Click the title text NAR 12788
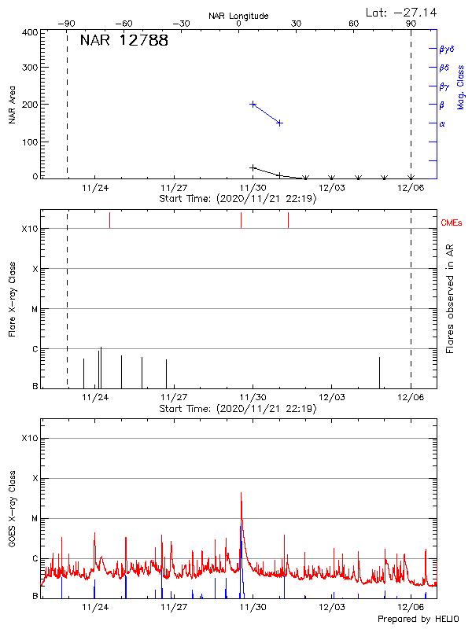point(124,41)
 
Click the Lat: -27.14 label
point(402,12)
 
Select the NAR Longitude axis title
point(238,16)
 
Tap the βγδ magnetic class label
point(447,49)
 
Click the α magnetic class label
point(442,123)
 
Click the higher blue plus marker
point(253,104)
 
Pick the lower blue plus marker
point(279,123)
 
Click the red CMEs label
point(452,223)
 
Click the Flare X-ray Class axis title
point(12,298)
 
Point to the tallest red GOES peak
point(241,493)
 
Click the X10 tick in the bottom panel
point(29,438)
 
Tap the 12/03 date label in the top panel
point(332,189)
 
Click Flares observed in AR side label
point(450,298)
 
